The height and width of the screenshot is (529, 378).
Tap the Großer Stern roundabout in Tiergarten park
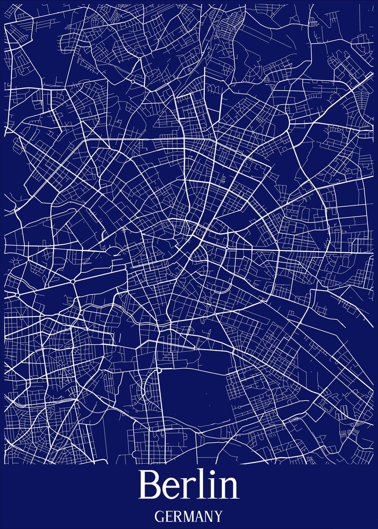pos(72,281)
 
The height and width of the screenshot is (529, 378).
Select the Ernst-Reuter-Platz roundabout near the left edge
pos(17,294)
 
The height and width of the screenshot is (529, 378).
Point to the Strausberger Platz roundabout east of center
pos(227,249)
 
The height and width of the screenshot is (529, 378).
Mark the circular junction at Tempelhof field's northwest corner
pos(158,371)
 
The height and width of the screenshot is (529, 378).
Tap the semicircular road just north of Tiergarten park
pos(116,251)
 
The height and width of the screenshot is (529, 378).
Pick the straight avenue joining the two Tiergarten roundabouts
pos(44,287)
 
